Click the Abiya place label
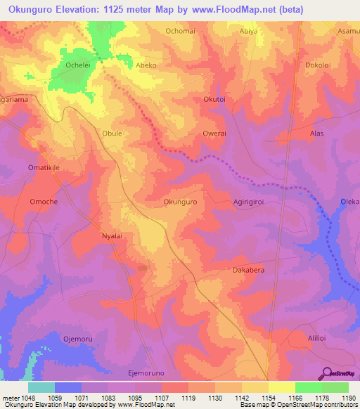[x=269, y=32]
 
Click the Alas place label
[x=316, y=133]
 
